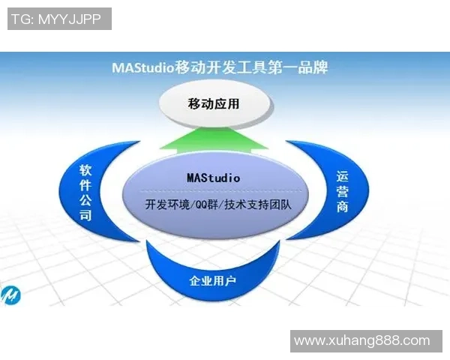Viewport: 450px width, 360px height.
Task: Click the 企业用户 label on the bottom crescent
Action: pos(213,282)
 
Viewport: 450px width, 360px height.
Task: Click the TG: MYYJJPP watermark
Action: pos(59,19)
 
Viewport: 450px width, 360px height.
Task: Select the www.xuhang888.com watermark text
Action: pos(362,340)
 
